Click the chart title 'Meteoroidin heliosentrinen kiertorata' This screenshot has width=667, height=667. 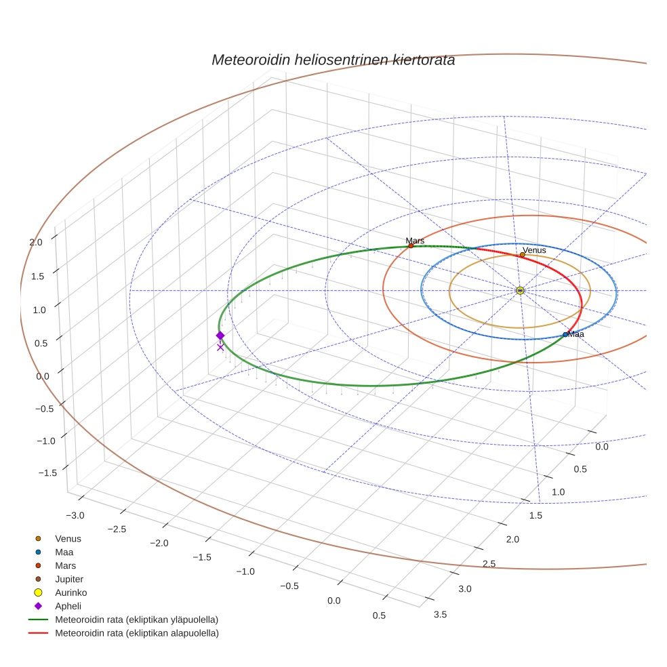(333, 60)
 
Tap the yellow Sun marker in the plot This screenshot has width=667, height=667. (520, 290)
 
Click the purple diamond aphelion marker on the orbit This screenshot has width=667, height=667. (220, 336)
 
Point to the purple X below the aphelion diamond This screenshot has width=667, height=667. (220, 347)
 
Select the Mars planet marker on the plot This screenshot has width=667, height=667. (411, 245)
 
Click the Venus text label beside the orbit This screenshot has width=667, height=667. (534, 250)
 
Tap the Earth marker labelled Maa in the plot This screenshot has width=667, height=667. (565, 334)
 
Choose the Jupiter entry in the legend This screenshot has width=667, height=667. (69, 579)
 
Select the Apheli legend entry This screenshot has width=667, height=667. (67, 606)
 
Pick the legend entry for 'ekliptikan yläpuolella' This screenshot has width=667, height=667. (136, 620)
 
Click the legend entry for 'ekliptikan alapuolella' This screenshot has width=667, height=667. (136, 633)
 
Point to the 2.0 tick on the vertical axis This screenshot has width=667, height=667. (35, 242)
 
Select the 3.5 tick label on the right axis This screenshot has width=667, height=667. (440, 614)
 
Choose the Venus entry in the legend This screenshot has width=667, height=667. (68, 538)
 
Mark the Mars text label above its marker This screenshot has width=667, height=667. (415, 241)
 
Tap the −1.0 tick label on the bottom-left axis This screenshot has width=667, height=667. (245, 571)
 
